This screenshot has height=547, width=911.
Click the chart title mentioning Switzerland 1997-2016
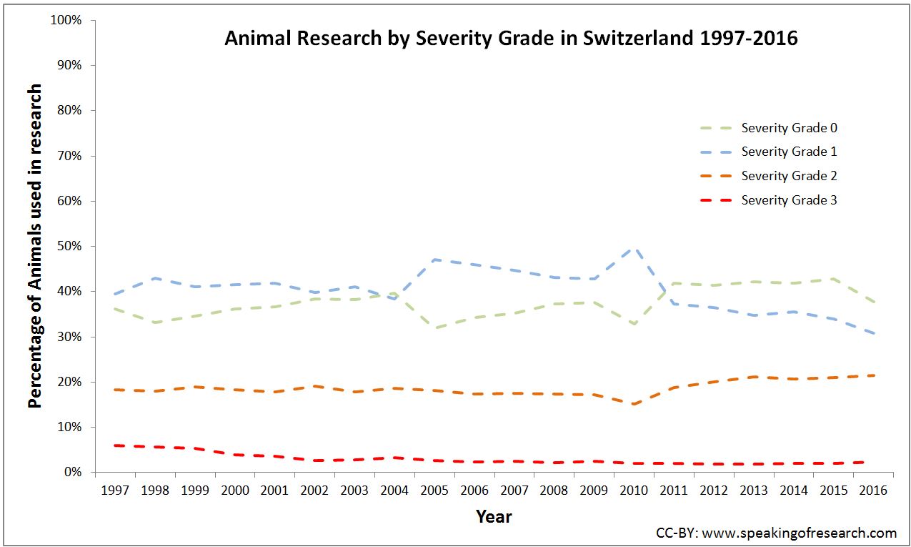coord(511,38)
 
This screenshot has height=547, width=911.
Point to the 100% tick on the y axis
coord(66,20)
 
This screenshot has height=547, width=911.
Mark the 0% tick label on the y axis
coord(72,472)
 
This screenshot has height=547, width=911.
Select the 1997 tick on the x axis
coord(114,491)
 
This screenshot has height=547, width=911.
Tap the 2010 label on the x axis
coord(634,491)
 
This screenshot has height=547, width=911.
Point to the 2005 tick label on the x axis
coord(434,491)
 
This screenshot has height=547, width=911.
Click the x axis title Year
coord(494,516)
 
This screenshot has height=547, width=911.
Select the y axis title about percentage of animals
coord(35,246)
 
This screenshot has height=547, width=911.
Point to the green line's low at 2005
coord(434,328)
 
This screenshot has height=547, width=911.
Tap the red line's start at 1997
coord(114,445)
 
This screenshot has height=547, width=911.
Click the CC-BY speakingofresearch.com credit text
coord(776,533)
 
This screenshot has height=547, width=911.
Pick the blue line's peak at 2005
coord(434,260)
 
